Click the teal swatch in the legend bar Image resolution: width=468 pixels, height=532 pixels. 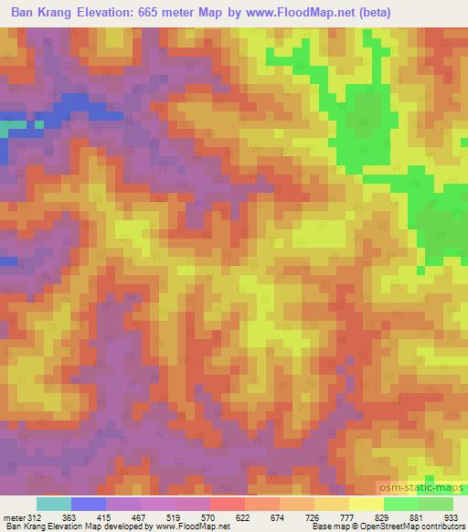coord(54,504)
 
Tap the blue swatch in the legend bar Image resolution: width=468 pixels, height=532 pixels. coord(89,504)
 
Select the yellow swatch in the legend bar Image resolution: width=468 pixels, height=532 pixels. coord(367,504)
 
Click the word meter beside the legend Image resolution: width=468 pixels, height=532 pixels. coord(14,517)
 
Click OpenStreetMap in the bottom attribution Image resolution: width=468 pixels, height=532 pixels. coord(387,527)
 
